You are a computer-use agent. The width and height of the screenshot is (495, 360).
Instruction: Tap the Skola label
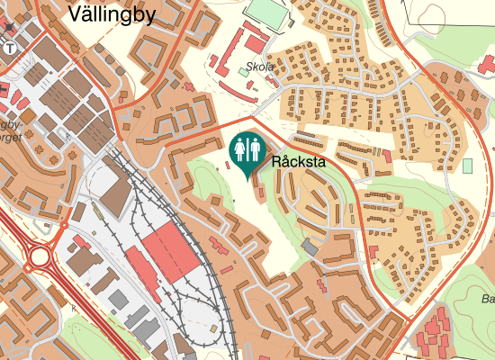(x=260, y=67)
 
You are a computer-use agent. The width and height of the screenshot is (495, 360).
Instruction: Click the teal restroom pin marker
(x=248, y=149)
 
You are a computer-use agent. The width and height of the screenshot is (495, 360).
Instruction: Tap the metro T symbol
(x=9, y=48)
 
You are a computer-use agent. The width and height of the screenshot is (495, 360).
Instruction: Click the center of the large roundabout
(x=40, y=258)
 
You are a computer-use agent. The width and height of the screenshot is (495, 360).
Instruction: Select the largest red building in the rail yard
(x=171, y=247)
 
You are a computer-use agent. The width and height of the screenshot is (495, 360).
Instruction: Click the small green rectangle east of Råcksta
(x=467, y=166)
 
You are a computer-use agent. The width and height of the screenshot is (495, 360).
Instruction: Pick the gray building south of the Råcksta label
(x=310, y=246)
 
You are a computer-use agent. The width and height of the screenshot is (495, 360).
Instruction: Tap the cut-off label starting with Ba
(x=488, y=299)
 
